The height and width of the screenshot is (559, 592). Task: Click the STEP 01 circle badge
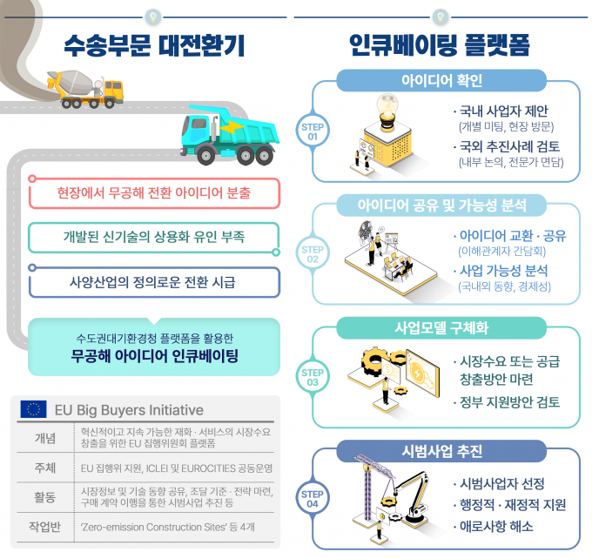(313, 131)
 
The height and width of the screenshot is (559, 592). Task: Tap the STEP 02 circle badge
(313, 254)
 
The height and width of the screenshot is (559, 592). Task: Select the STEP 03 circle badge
(313, 377)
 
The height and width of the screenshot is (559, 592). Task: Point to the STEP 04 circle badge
(313, 499)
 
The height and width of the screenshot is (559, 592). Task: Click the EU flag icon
(34, 409)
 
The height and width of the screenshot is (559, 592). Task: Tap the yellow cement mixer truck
(85, 89)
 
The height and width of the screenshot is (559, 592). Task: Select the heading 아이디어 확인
(441, 80)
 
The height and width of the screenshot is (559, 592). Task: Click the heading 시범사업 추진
(441, 451)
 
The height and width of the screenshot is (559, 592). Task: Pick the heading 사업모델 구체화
(441, 328)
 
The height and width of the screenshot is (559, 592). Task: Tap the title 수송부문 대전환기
(154, 45)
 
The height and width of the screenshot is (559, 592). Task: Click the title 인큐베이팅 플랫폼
(440, 45)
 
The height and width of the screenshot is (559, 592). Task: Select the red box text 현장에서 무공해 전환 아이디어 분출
(154, 192)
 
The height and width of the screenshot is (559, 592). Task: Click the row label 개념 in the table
(45, 438)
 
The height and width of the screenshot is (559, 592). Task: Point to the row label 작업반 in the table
(45, 527)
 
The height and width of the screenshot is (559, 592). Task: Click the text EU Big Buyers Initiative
(129, 410)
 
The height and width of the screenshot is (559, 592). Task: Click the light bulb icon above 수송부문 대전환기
(153, 17)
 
